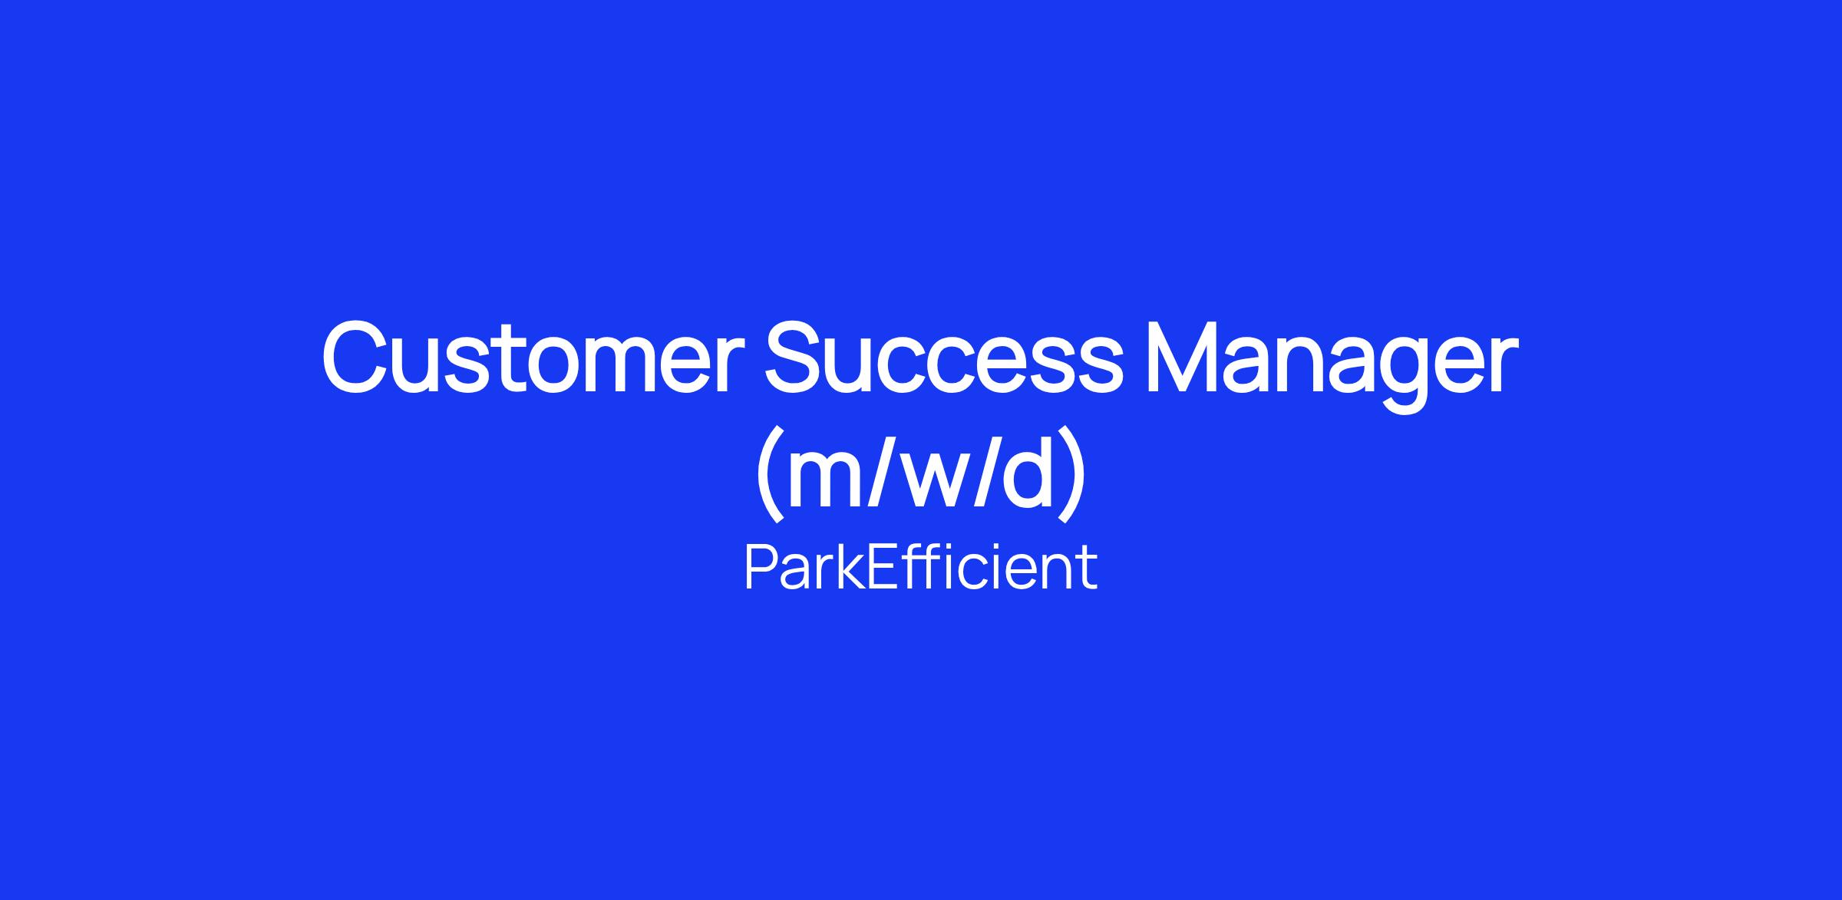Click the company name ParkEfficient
click(x=921, y=568)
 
